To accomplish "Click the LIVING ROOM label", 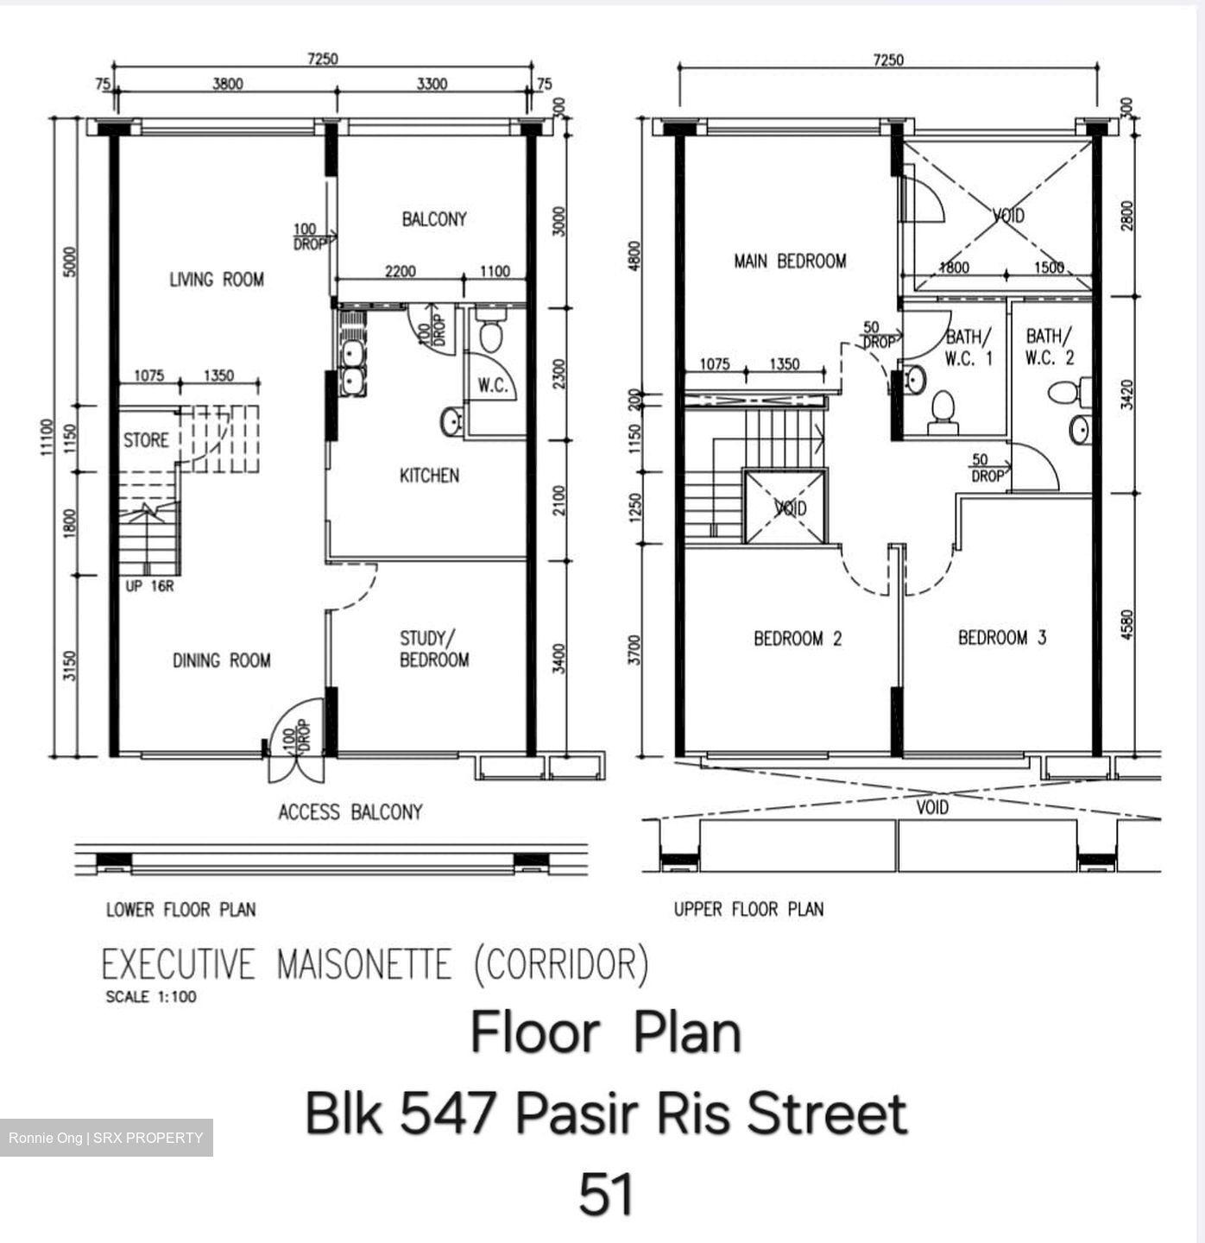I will tap(217, 280).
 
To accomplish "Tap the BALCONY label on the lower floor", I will tap(434, 219).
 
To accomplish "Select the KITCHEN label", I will tap(429, 476).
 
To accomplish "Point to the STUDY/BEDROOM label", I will tap(434, 649).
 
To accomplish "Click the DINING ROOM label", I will tap(222, 661).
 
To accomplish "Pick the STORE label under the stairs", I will tap(146, 441).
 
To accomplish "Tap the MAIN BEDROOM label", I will tap(790, 261).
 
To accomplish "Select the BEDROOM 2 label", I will tap(798, 639).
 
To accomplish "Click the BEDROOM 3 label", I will tap(1002, 638).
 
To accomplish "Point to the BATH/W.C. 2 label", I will tap(1050, 346).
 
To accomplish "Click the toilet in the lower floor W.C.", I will tap(489, 335).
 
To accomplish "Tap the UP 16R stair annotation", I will tap(149, 587).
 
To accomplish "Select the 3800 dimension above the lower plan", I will tap(228, 84).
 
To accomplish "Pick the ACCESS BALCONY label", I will tap(350, 812).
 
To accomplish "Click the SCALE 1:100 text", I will tap(151, 997).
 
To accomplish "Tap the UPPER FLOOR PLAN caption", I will tap(748, 909).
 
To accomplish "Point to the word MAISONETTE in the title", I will tap(363, 964).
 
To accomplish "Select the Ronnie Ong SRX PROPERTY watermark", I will tap(106, 1138).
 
